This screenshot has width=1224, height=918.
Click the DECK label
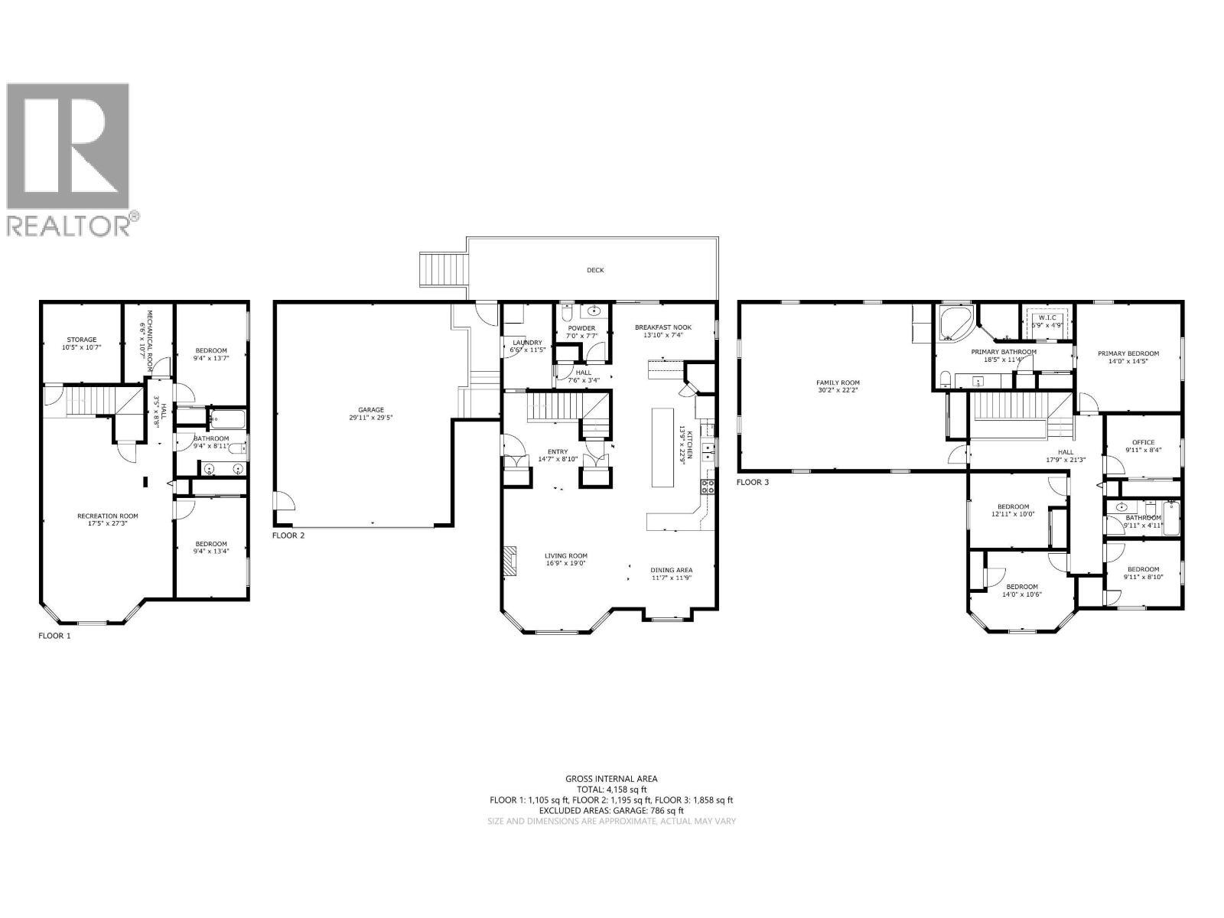pos(595,270)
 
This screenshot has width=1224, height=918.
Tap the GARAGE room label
pos(372,410)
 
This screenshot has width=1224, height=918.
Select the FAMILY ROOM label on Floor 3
pos(838,382)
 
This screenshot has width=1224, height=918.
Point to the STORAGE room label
pos(81,340)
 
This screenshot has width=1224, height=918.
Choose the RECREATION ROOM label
pos(107,516)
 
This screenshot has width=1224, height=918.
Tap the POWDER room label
pos(581,329)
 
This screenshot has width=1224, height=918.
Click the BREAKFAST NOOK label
pos(662,327)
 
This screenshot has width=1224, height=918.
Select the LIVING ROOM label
pos(566,556)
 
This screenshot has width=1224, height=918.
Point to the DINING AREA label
pos(672,570)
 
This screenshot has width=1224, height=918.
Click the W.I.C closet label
pos(1047,317)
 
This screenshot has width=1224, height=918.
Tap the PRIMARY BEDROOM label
pos(1128,353)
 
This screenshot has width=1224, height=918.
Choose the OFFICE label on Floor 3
pos(1144,442)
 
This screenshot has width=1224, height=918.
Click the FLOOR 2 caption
pos(288,535)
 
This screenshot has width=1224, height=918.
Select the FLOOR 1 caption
pos(54,636)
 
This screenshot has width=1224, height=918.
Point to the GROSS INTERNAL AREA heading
pos(611,779)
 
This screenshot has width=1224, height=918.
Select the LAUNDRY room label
pos(527,343)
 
